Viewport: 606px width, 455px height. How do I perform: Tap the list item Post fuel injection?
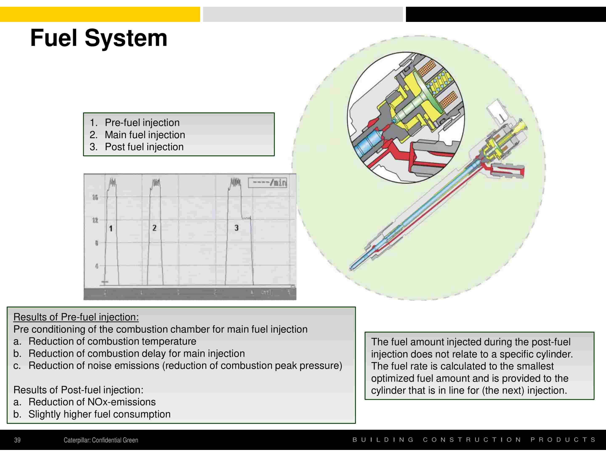pos(144,147)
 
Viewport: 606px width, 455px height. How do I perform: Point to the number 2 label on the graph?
pos(154,228)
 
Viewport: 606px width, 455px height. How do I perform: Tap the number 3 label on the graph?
pos(237,228)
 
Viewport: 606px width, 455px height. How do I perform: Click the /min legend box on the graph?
pos(267,183)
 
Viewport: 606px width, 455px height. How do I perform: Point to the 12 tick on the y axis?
pos(95,220)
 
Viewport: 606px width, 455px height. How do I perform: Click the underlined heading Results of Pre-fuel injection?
pos(76,317)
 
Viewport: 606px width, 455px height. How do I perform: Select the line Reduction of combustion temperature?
pos(112,341)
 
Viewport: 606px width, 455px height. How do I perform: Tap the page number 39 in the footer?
pos(17,440)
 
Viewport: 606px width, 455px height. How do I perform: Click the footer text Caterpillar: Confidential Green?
pos(101,440)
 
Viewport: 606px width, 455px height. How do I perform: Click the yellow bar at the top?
pos(100,14)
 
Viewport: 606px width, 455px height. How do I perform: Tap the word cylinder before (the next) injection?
pos(388,391)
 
